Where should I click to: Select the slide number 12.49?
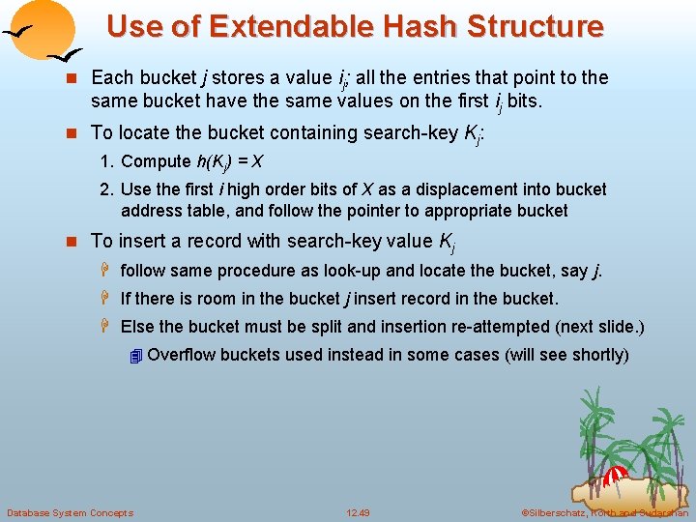[360, 512]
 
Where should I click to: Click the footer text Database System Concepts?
[70, 512]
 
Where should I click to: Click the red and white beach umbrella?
[615, 475]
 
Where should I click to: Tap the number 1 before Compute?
[105, 161]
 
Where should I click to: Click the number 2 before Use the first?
[105, 189]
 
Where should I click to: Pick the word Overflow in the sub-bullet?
[181, 355]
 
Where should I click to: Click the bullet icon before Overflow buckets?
[135, 356]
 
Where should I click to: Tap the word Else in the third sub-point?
[137, 327]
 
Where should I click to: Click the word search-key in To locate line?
[405, 133]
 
